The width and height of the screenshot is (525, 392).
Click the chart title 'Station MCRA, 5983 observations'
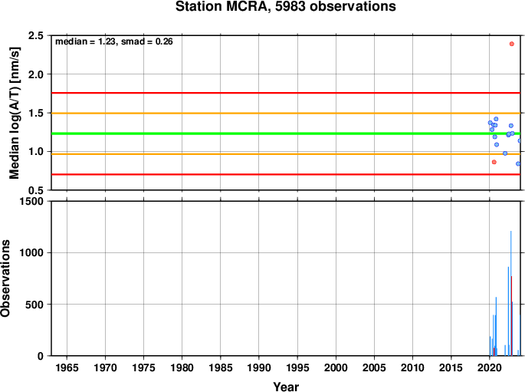(x=286, y=6)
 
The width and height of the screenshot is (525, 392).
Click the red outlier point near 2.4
(x=512, y=44)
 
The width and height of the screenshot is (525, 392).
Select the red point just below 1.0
(x=494, y=162)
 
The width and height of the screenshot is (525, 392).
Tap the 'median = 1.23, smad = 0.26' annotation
(x=114, y=41)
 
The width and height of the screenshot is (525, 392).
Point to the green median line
(x=286, y=133)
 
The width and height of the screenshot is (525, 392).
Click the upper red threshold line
(x=286, y=93)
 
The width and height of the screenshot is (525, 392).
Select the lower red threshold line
(x=286, y=174)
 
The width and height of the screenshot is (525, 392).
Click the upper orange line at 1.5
(x=286, y=114)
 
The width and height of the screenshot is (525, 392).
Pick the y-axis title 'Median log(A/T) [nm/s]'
(x=14, y=113)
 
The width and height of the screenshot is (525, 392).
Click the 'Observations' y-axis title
(x=5, y=278)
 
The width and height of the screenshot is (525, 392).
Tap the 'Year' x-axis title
(x=286, y=387)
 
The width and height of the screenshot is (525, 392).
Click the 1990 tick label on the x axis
(x=259, y=368)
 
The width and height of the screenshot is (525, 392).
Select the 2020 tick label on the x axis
(x=490, y=368)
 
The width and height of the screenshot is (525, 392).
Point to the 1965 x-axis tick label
(x=67, y=368)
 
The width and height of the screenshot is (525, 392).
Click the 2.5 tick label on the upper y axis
(x=36, y=35)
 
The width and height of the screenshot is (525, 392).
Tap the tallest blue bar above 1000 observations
(x=510, y=293)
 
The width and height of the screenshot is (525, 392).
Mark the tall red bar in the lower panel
(x=512, y=316)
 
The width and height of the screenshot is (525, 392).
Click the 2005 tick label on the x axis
(x=374, y=368)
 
